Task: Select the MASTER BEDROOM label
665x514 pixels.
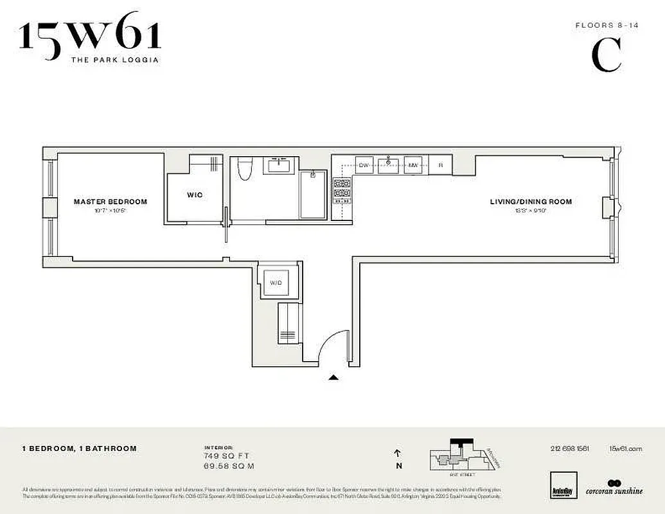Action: pos(110,202)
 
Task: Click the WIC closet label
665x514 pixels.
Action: pos(195,195)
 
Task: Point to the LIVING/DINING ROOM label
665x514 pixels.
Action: pos(531,202)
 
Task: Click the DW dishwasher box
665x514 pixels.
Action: pos(364,165)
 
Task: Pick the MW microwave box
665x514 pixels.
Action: pos(414,165)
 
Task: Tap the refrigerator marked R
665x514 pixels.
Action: pos(440,165)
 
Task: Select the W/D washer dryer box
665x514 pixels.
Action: pos(275,282)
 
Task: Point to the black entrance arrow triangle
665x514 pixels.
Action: pos(333,378)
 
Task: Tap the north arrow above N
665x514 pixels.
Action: pos(399,454)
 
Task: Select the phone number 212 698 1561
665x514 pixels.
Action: pos(569,448)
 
